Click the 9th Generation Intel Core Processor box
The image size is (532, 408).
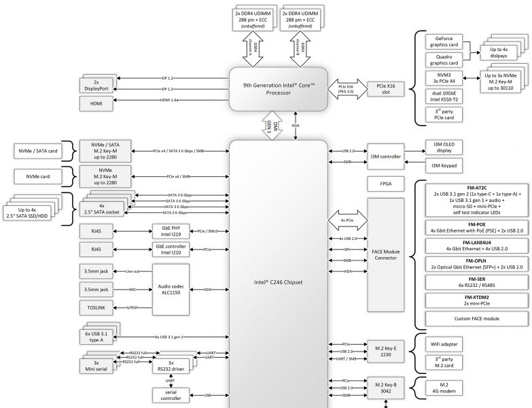coord(279,88)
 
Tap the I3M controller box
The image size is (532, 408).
coord(385,156)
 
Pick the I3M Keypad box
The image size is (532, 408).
coord(445,165)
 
